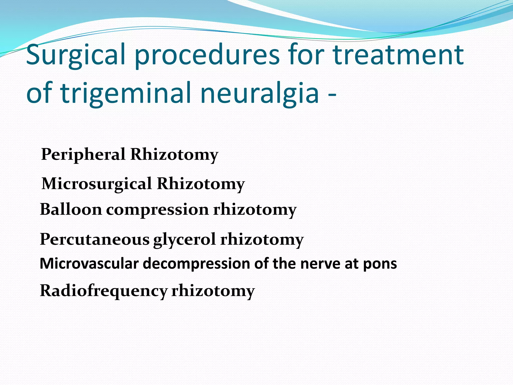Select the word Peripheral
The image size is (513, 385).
[83, 154]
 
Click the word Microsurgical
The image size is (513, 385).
[97, 184]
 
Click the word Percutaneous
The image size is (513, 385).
[95, 239]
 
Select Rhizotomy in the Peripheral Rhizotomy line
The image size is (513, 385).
[174, 154]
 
